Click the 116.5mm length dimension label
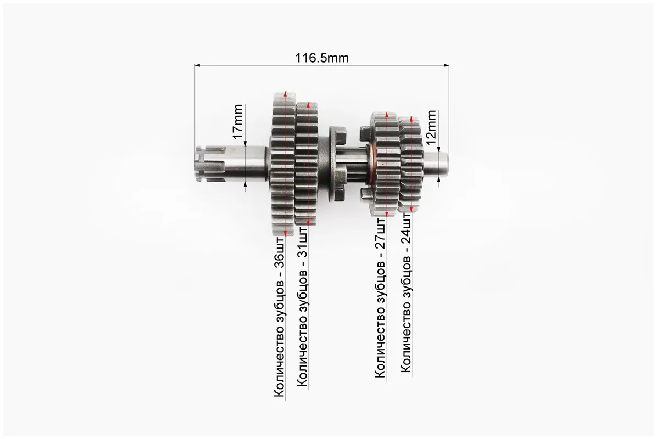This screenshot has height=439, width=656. click(322, 58)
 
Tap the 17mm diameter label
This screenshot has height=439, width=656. click(238, 122)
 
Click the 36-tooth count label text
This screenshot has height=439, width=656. click(280, 317)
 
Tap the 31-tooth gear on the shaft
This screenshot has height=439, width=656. click(307, 164)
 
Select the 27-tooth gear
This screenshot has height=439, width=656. click(385, 164)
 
